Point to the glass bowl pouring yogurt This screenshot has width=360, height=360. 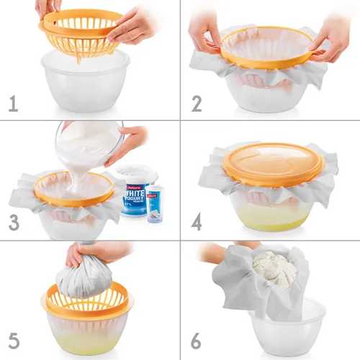90,140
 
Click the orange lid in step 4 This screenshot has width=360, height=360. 268,163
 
